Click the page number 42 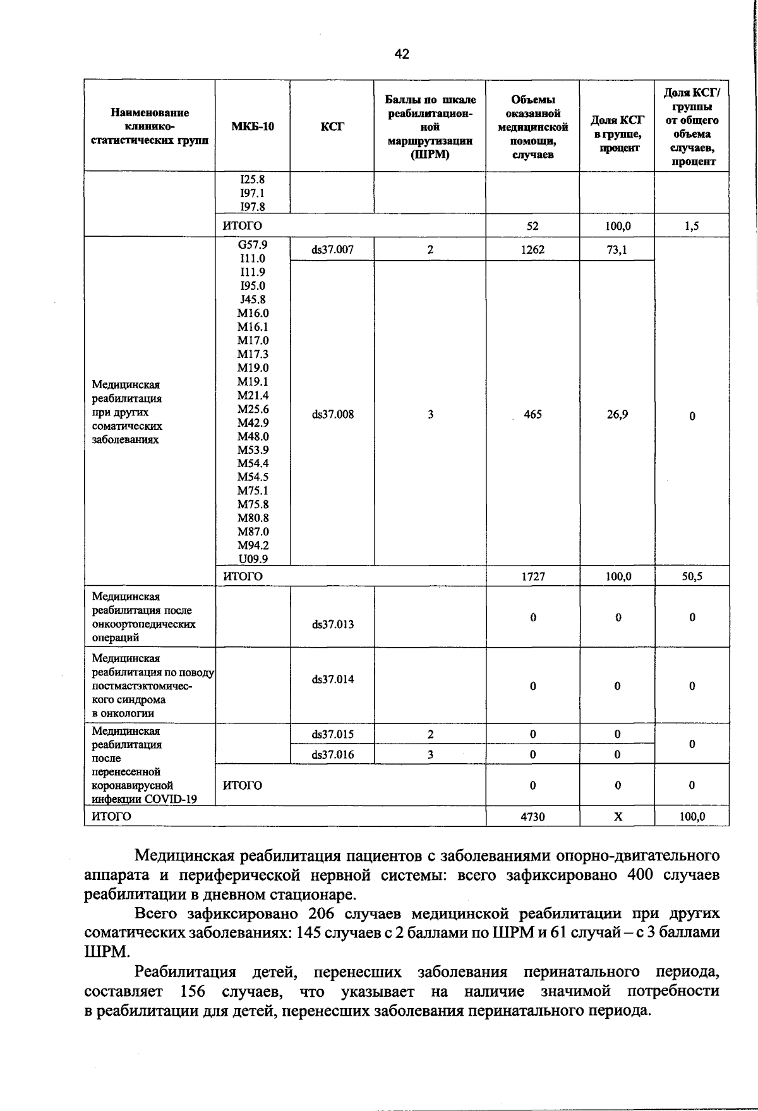[402, 54]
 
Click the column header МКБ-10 [253, 126]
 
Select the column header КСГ [332, 126]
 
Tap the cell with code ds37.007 [332, 249]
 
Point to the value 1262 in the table [532, 249]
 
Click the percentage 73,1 [617, 249]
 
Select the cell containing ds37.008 [332, 415]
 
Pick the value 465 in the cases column [532, 415]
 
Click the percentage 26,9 [617, 415]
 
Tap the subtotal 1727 [532, 576]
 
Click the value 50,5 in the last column [692, 576]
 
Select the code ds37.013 [332, 624]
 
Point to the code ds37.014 [332, 679]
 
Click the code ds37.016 [332, 754]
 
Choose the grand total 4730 [532, 816]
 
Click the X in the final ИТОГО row [618, 816]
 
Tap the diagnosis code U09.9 [253, 559]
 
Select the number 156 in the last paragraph [193, 991]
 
